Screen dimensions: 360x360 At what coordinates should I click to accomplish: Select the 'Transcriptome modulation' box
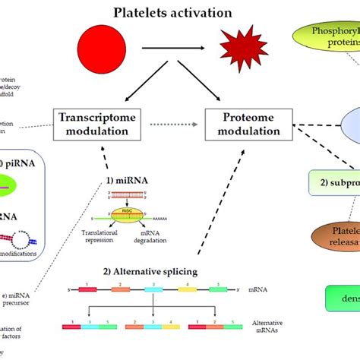tap(91, 125)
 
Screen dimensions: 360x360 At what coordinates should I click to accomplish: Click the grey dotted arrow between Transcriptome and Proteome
tap(168, 124)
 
